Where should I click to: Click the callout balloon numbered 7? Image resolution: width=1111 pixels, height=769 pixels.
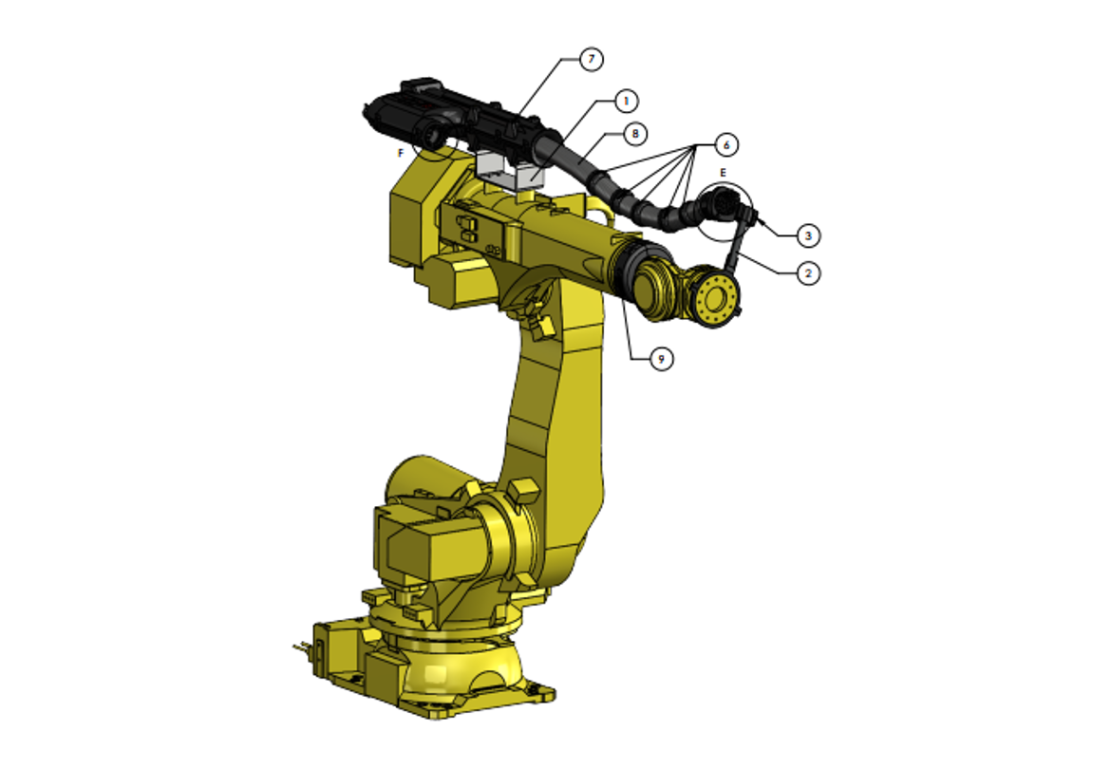point(591,59)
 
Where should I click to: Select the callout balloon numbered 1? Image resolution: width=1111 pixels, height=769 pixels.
point(625,100)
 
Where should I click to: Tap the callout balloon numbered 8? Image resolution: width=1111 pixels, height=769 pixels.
point(633,134)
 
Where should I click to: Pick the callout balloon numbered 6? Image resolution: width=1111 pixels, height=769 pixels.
point(725,144)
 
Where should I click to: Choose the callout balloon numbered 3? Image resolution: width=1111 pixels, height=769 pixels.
point(807,234)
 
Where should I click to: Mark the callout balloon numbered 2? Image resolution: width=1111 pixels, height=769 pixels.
point(807,273)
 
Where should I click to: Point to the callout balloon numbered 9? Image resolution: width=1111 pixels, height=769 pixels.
point(662,358)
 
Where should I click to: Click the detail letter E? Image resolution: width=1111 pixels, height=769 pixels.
point(723,173)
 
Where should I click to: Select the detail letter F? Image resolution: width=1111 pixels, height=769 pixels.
point(402,152)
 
